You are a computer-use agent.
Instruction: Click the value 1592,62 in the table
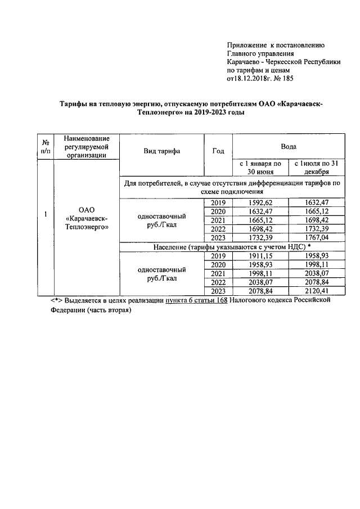click(x=259, y=202)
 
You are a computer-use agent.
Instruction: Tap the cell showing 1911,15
click(x=259, y=255)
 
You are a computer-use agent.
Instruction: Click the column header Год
click(x=218, y=151)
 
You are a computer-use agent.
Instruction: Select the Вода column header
click(x=288, y=146)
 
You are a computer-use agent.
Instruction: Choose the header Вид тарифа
click(x=162, y=151)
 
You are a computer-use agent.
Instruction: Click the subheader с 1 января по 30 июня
click(x=259, y=168)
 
